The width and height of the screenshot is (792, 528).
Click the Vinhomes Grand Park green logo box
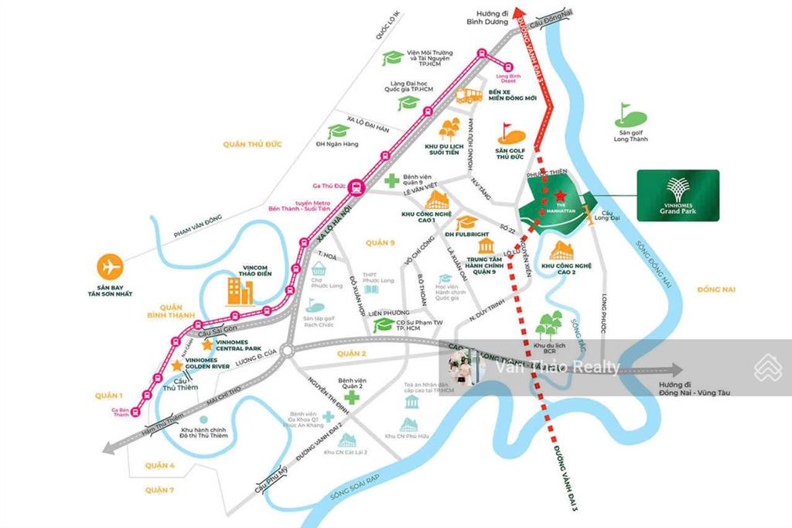(678, 195)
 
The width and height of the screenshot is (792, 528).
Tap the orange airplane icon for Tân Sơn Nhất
(111, 266)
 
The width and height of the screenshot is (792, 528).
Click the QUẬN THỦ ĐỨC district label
(252, 144)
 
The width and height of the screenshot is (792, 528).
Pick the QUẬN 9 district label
(381, 242)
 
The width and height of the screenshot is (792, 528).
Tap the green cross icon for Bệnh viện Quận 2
(353, 398)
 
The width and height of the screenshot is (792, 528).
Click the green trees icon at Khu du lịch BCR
(549, 324)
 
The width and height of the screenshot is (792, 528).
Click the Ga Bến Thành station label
(120, 413)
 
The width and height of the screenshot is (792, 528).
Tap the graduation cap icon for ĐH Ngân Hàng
(338, 132)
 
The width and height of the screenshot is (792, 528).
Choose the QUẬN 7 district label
(159, 490)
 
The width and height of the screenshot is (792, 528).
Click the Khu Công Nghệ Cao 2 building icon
(562, 250)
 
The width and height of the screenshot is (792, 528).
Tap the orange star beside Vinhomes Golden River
(178, 365)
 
